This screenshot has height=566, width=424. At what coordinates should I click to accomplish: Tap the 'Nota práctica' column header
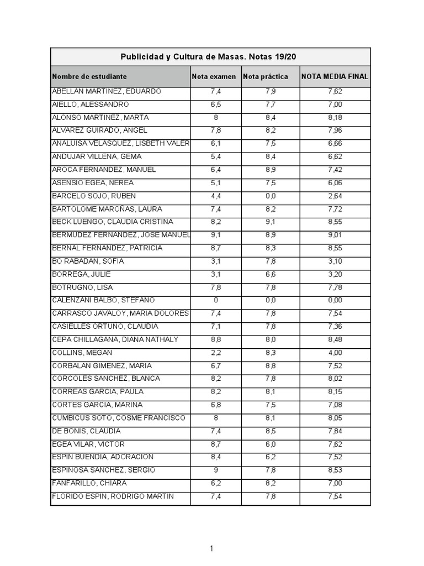click(266, 76)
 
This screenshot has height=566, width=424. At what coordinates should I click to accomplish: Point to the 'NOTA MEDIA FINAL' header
click(335, 76)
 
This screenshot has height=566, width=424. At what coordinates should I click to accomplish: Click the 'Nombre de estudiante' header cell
click(89, 76)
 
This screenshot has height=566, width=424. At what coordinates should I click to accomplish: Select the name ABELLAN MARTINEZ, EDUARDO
click(106, 92)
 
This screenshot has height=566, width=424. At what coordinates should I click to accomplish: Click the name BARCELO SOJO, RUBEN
click(93, 196)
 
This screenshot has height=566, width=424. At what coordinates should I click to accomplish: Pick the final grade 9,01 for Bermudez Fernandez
click(335, 235)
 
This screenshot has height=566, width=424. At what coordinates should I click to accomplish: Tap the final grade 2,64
click(335, 196)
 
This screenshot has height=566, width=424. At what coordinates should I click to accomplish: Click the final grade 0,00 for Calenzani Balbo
click(335, 301)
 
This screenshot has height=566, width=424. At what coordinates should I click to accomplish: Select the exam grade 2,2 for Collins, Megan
click(215, 353)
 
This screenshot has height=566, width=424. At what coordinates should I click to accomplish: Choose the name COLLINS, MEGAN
click(82, 353)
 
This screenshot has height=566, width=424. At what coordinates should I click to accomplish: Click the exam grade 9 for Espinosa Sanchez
click(215, 470)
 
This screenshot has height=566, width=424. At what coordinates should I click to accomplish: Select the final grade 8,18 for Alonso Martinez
click(335, 118)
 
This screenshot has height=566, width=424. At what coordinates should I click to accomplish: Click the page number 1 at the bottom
click(211, 549)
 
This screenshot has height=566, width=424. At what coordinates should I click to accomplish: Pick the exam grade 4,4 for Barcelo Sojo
click(215, 196)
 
